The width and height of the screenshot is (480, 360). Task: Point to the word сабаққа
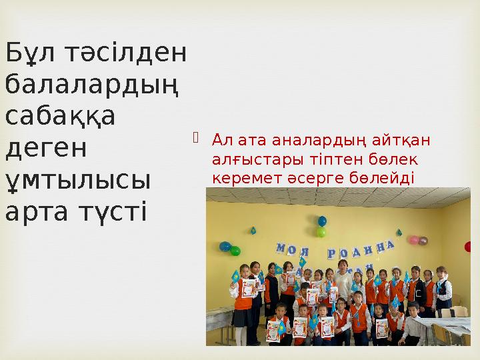click(60, 117)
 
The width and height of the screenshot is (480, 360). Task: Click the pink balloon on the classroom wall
click(413, 239)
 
